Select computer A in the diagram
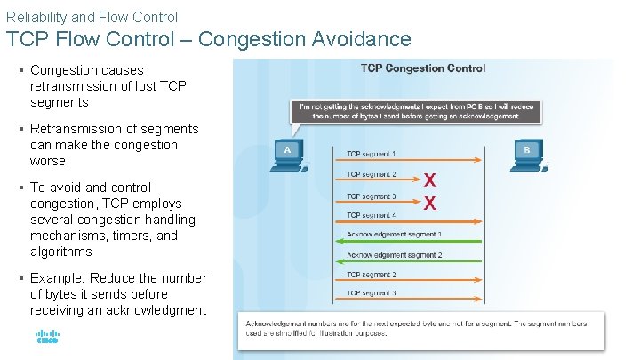coord(288,153)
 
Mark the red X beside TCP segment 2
coord(430,180)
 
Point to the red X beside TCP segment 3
coord(430,203)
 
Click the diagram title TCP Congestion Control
coord(422,68)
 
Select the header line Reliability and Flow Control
coord(92,17)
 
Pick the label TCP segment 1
coord(371,154)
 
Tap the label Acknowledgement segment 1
coord(395,235)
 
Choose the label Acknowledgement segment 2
coord(395,255)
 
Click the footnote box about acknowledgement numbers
coord(420,328)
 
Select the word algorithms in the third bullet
coord(60,252)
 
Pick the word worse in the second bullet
coord(48,161)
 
